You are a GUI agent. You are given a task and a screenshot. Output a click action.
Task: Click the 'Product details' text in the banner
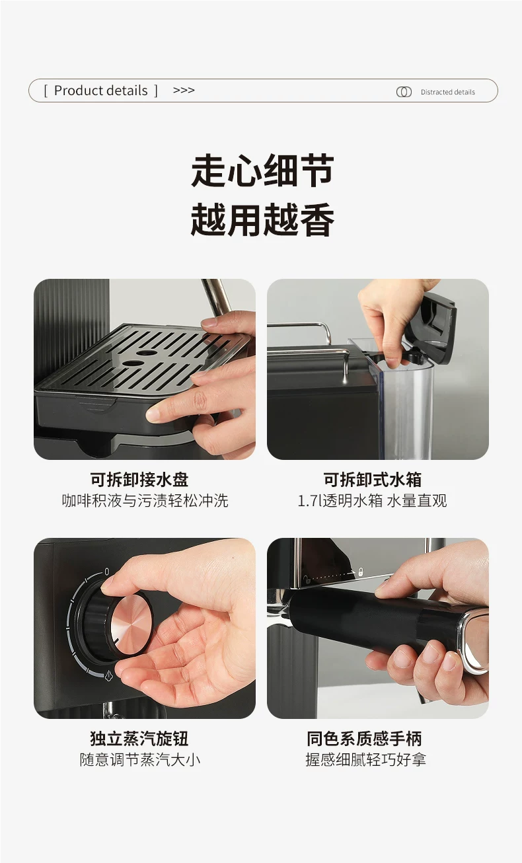[101, 91]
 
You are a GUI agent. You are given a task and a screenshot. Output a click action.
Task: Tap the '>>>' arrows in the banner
[184, 90]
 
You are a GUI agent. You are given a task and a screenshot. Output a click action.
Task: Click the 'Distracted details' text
[447, 92]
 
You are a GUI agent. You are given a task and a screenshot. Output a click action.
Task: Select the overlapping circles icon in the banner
[404, 92]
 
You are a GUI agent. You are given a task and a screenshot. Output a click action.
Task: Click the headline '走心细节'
[262, 170]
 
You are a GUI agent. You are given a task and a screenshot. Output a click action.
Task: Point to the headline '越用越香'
[262, 219]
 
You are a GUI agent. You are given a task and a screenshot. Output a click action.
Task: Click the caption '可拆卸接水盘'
[139, 480]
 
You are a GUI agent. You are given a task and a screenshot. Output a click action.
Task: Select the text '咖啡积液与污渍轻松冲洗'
[145, 501]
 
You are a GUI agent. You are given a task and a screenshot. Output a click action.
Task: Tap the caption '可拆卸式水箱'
[373, 480]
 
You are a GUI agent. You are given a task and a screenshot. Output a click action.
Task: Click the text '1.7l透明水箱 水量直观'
[372, 501]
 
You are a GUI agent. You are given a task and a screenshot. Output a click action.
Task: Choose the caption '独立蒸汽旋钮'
[139, 739]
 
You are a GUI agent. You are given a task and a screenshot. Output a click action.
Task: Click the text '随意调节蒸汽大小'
[140, 760]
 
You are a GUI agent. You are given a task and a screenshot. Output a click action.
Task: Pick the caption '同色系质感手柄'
[365, 739]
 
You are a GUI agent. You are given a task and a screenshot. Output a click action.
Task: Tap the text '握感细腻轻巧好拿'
[365, 760]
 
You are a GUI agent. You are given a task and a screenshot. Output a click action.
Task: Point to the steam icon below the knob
[108, 676]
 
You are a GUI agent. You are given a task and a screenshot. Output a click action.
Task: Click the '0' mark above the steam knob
[106, 572]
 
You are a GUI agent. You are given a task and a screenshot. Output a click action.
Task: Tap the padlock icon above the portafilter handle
[361, 572]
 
